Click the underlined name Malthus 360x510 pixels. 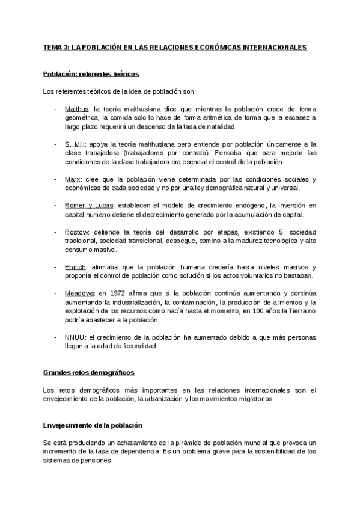coord(76,109)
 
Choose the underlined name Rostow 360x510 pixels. coord(76,232)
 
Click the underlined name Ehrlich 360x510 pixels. coord(76,267)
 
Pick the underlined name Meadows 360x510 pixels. coord(79,293)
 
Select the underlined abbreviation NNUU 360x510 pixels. coord(75,337)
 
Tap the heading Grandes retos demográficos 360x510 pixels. coord(89,373)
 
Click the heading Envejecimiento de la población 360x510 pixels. coord(94,425)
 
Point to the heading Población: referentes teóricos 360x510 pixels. coord(91,74)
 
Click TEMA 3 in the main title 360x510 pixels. coord(56,48)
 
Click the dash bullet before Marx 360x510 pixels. coord(56,179)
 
